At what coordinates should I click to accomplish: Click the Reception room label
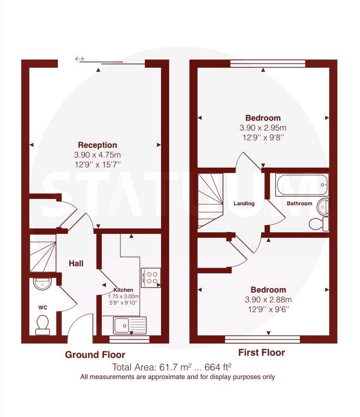(x=98, y=145)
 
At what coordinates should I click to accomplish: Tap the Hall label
(x=76, y=263)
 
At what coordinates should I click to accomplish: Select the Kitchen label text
(x=123, y=290)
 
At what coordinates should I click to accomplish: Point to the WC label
(x=43, y=308)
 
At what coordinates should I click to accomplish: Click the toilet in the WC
(x=43, y=325)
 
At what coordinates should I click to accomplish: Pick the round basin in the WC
(x=42, y=284)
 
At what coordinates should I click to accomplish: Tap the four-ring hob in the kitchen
(x=151, y=278)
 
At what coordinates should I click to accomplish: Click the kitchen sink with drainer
(x=130, y=325)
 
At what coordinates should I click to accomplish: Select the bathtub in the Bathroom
(x=302, y=185)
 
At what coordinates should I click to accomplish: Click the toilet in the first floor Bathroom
(x=319, y=224)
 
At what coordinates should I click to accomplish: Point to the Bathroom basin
(x=323, y=206)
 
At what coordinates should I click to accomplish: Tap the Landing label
(x=244, y=204)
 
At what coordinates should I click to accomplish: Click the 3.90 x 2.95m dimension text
(x=263, y=128)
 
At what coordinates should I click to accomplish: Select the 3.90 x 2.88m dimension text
(x=268, y=300)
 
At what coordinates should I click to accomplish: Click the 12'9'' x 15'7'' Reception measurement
(x=98, y=165)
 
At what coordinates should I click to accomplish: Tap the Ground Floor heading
(x=95, y=355)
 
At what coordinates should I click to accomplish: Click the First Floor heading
(x=262, y=353)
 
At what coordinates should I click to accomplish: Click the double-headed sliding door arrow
(x=79, y=59)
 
